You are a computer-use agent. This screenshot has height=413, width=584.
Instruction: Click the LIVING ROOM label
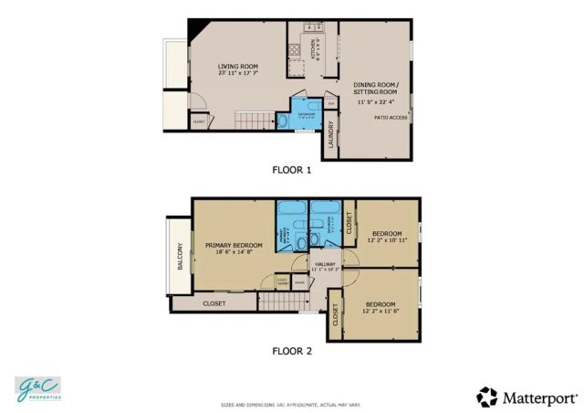(237, 66)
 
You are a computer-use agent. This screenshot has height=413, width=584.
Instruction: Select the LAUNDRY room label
(330, 134)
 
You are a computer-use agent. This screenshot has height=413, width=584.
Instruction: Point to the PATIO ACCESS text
(391, 117)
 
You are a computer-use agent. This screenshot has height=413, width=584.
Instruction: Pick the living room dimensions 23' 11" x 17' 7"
(237, 74)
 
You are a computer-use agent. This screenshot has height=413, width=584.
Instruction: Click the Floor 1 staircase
(255, 120)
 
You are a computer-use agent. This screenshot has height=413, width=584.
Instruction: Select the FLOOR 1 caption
(292, 170)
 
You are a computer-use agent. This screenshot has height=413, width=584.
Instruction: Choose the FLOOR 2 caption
(292, 350)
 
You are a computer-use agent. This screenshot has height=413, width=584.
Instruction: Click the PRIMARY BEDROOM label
(234, 245)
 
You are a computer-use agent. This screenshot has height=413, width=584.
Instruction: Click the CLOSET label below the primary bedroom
(214, 303)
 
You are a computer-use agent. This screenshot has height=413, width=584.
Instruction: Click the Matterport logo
(527, 397)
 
